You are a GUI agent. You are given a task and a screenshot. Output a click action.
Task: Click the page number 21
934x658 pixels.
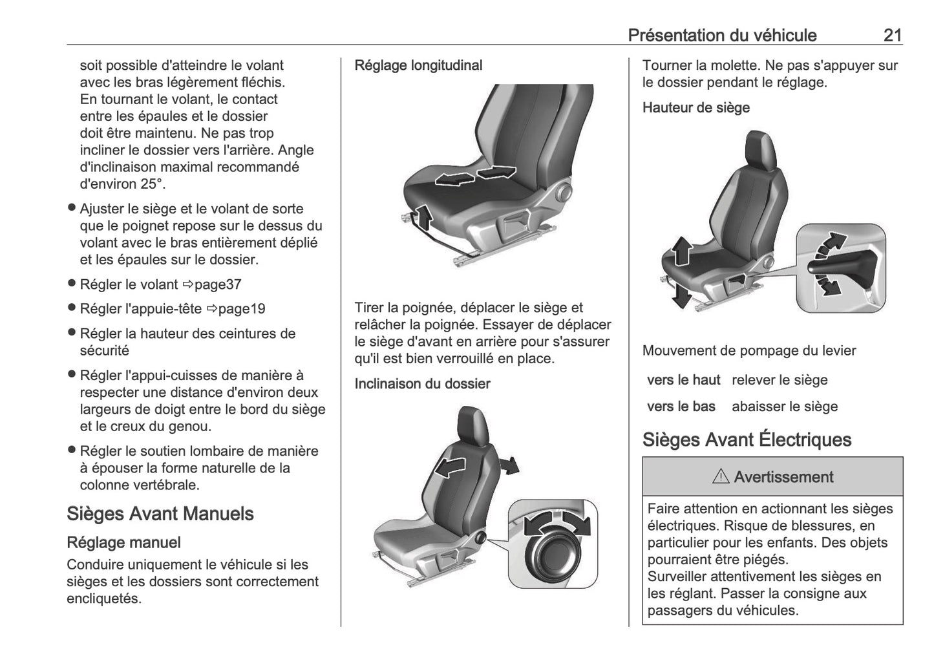pos(892,35)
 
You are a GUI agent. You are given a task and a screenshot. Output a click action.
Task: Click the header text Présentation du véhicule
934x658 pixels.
pos(722,35)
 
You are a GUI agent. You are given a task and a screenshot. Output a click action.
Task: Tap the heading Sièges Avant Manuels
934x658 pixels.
pos(160,514)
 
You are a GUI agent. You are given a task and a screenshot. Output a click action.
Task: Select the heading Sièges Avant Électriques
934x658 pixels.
pos(747,440)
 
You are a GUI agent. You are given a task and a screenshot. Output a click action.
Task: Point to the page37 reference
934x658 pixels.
pos(218,284)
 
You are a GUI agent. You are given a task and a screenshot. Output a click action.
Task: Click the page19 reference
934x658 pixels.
pos(241,309)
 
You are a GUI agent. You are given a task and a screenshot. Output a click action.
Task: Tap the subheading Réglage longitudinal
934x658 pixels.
pos(418,65)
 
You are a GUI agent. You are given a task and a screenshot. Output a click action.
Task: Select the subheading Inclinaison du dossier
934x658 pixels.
pos(422,384)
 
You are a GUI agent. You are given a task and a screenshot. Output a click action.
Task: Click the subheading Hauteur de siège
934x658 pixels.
pos(695,108)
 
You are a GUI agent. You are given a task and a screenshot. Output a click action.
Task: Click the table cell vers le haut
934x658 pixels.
pos(683,380)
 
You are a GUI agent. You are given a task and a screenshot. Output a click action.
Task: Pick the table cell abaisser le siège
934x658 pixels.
pos(784,407)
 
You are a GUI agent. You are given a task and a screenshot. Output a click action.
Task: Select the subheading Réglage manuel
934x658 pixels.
pos(123,543)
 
